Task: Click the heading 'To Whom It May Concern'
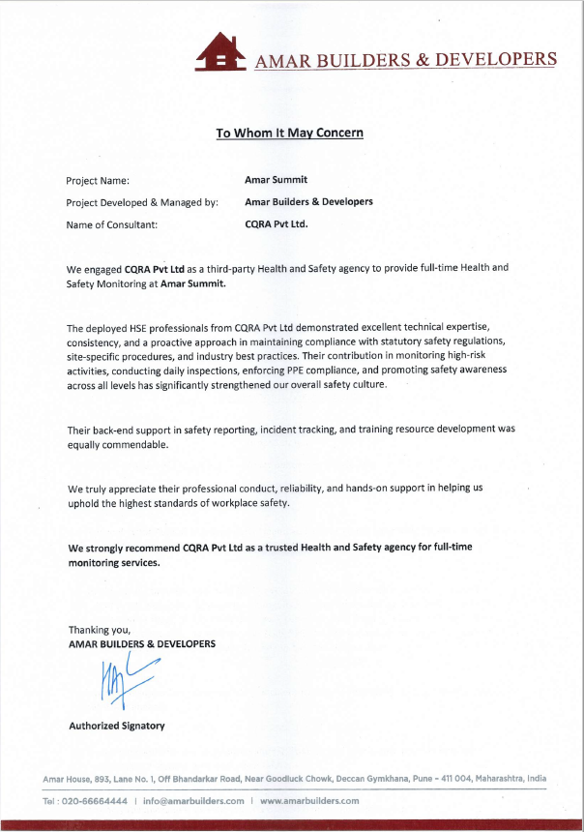tap(290, 133)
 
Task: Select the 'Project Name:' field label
tap(98, 180)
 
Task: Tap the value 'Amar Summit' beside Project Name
tap(277, 180)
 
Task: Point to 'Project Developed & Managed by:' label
tap(142, 202)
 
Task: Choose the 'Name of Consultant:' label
tap(111, 224)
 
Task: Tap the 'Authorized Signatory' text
tap(117, 726)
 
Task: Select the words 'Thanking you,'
tap(99, 630)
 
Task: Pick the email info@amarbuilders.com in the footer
tap(193, 801)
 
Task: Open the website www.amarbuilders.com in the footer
tap(309, 801)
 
